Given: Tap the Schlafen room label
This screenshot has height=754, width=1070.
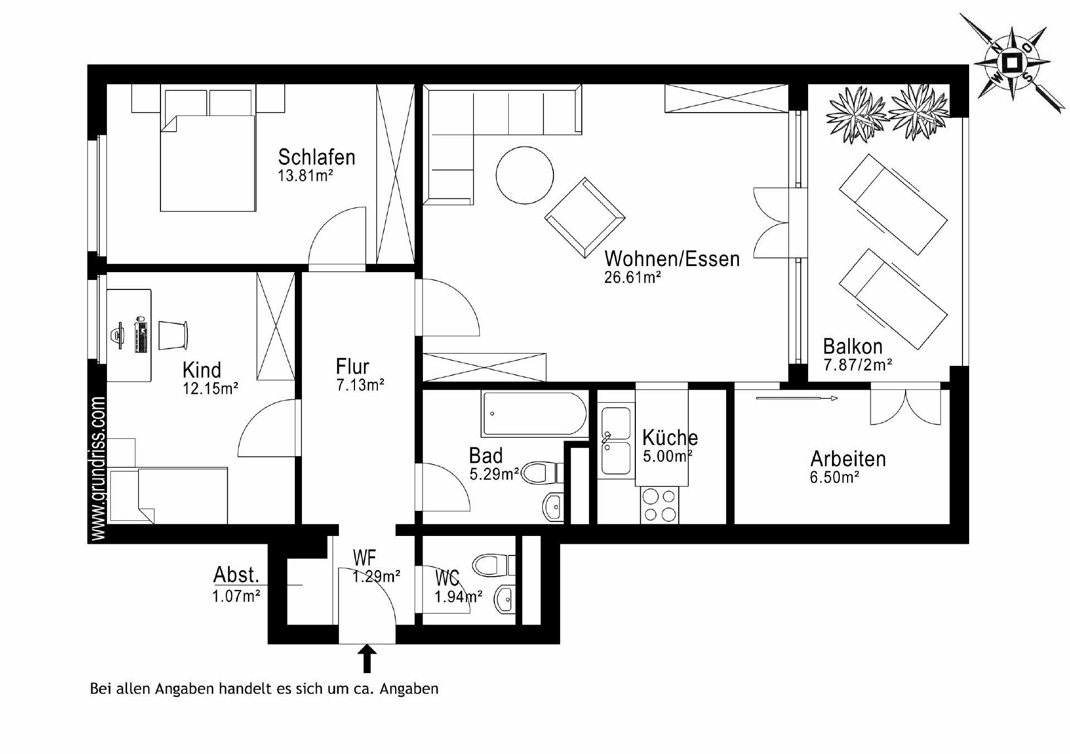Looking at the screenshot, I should tap(317, 157).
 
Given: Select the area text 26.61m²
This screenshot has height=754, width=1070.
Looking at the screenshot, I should tap(633, 277).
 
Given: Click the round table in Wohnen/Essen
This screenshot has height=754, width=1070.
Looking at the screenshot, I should tap(524, 175).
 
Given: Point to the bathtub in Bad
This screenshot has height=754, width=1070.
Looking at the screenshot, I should tap(534, 414).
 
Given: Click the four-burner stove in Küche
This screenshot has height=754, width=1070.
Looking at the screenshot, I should tap(660, 505).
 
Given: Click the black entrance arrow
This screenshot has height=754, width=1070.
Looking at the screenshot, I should tap(367, 658).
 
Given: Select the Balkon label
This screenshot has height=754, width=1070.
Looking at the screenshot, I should tap(853, 346).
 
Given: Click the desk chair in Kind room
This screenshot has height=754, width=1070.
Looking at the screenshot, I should tap(173, 335).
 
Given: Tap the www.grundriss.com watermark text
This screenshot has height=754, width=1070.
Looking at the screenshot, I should tap(98, 468).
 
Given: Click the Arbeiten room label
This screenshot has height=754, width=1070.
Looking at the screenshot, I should tap(848, 459).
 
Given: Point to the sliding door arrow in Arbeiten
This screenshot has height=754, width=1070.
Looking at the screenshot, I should tap(797, 398).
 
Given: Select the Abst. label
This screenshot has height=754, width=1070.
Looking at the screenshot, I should tap(236, 574).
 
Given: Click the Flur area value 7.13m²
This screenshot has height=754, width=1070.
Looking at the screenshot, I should tap(360, 385).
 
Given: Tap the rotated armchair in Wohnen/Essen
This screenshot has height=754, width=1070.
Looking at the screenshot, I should tap(585, 217).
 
